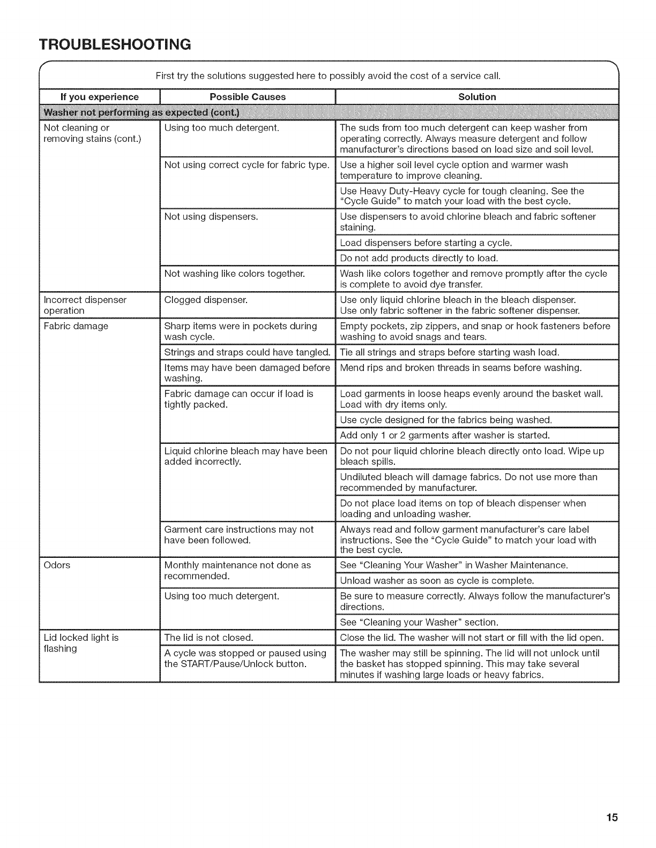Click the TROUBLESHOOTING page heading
click(x=115, y=44)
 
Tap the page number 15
click(x=612, y=817)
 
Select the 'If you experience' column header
click(x=99, y=97)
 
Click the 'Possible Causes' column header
click(x=248, y=97)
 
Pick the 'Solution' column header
click(x=477, y=97)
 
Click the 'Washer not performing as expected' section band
click(x=143, y=112)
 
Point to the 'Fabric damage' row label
click(x=76, y=326)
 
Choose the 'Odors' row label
click(x=57, y=565)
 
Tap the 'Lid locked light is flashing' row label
click(x=81, y=643)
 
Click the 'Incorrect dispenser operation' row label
click(x=85, y=305)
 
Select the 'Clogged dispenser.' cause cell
click(x=206, y=300)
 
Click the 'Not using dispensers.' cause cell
click(x=211, y=217)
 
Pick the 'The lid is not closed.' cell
click(x=208, y=638)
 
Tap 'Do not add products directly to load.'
click(x=419, y=258)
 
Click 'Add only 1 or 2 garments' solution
click(x=445, y=435)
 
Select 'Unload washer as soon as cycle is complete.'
click(x=437, y=581)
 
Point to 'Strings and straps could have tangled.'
click(x=247, y=352)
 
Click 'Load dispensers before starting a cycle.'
click(x=426, y=243)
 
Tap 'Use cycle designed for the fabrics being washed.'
click(x=446, y=419)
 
